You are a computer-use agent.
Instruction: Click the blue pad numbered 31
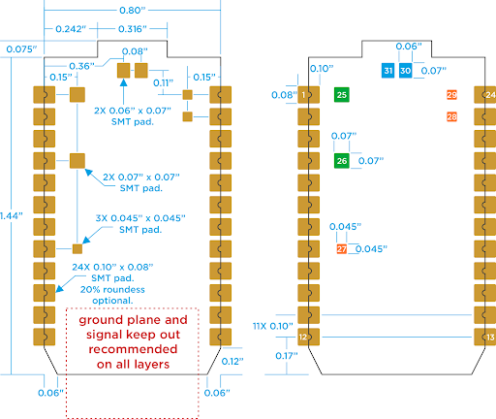pyautogui.click(x=388, y=71)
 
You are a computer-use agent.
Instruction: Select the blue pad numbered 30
pyautogui.click(x=405, y=71)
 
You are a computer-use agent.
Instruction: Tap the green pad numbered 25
pyautogui.click(x=341, y=94)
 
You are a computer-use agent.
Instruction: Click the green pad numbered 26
pyautogui.click(x=341, y=160)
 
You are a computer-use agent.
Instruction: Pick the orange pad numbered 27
pyautogui.click(x=341, y=249)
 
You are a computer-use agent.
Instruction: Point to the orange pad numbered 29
pyautogui.click(x=451, y=94)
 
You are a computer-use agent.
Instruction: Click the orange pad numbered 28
pyautogui.click(x=451, y=116)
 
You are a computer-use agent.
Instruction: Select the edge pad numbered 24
pyautogui.click(x=490, y=94)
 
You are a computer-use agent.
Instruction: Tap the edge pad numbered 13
pyautogui.click(x=490, y=337)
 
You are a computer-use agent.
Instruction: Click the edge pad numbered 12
pyautogui.click(x=303, y=337)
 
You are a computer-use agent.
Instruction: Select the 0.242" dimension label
pyautogui.click(x=68, y=29)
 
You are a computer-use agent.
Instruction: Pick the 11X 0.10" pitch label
pyautogui.click(x=271, y=326)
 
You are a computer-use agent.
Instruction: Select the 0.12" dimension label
pyautogui.click(x=231, y=361)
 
